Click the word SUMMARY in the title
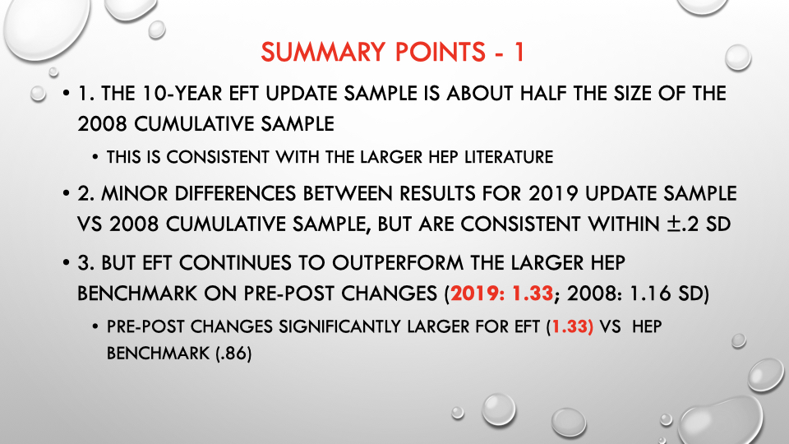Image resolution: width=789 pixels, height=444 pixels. coord(323,52)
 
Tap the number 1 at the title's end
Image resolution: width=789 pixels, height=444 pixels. coord(519,52)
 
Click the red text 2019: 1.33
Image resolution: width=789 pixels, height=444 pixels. coord(501,294)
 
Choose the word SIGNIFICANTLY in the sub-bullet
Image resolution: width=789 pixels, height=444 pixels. coord(340,326)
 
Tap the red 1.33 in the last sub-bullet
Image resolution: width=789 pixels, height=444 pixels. coord(570,326)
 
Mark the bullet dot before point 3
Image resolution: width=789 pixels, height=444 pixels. coord(66,263)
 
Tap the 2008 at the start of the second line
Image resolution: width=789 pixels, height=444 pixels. coord(103,124)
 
